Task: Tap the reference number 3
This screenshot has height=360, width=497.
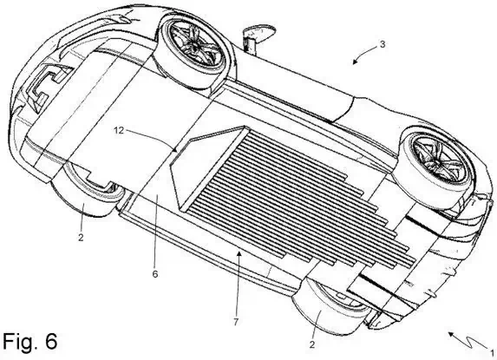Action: [383, 45]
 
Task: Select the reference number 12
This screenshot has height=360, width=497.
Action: [119, 130]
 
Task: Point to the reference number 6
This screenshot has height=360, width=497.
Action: [154, 274]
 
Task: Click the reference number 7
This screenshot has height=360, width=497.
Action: [236, 322]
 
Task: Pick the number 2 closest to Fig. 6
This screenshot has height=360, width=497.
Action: [81, 237]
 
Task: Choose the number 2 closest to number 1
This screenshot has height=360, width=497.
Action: [312, 344]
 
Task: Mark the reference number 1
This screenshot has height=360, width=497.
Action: [493, 353]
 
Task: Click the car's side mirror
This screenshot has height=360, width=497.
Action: [258, 35]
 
